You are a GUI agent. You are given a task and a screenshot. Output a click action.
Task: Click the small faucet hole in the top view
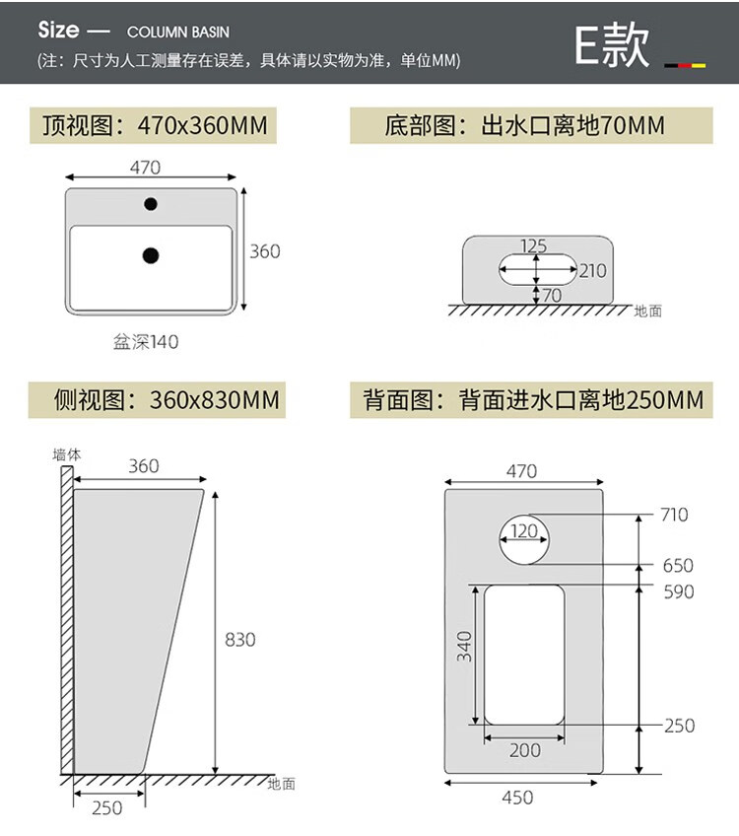(151, 204)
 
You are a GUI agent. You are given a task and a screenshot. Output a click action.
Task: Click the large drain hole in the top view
(151, 255)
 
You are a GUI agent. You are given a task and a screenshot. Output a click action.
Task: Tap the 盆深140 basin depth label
(145, 342)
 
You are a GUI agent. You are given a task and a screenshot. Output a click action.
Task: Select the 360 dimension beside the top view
(264, 251)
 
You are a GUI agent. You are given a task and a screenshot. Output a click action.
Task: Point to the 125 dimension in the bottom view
(533, 245)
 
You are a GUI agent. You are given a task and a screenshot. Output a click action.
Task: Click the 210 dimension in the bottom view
(592, 270)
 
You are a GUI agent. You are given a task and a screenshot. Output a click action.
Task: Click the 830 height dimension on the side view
(240, 640)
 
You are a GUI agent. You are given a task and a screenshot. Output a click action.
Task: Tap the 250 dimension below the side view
(107, 807)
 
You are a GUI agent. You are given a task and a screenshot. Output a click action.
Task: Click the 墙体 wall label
(66, 454)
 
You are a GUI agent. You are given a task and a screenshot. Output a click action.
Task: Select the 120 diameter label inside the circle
(524, 531)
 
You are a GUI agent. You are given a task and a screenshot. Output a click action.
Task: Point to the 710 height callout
(675, 515)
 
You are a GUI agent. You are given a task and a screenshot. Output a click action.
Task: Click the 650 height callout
(678, 566)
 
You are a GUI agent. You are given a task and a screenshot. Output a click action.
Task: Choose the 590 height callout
(678, 592)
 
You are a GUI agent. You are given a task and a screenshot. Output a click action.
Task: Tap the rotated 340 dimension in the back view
(465, 647)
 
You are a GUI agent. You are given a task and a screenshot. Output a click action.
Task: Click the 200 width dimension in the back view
(524, 750)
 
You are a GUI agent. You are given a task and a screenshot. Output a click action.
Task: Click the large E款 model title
(612, 45)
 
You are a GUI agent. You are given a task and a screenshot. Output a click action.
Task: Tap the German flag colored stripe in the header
(685, 65)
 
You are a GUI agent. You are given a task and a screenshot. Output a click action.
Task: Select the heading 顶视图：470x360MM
(154, 126)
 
